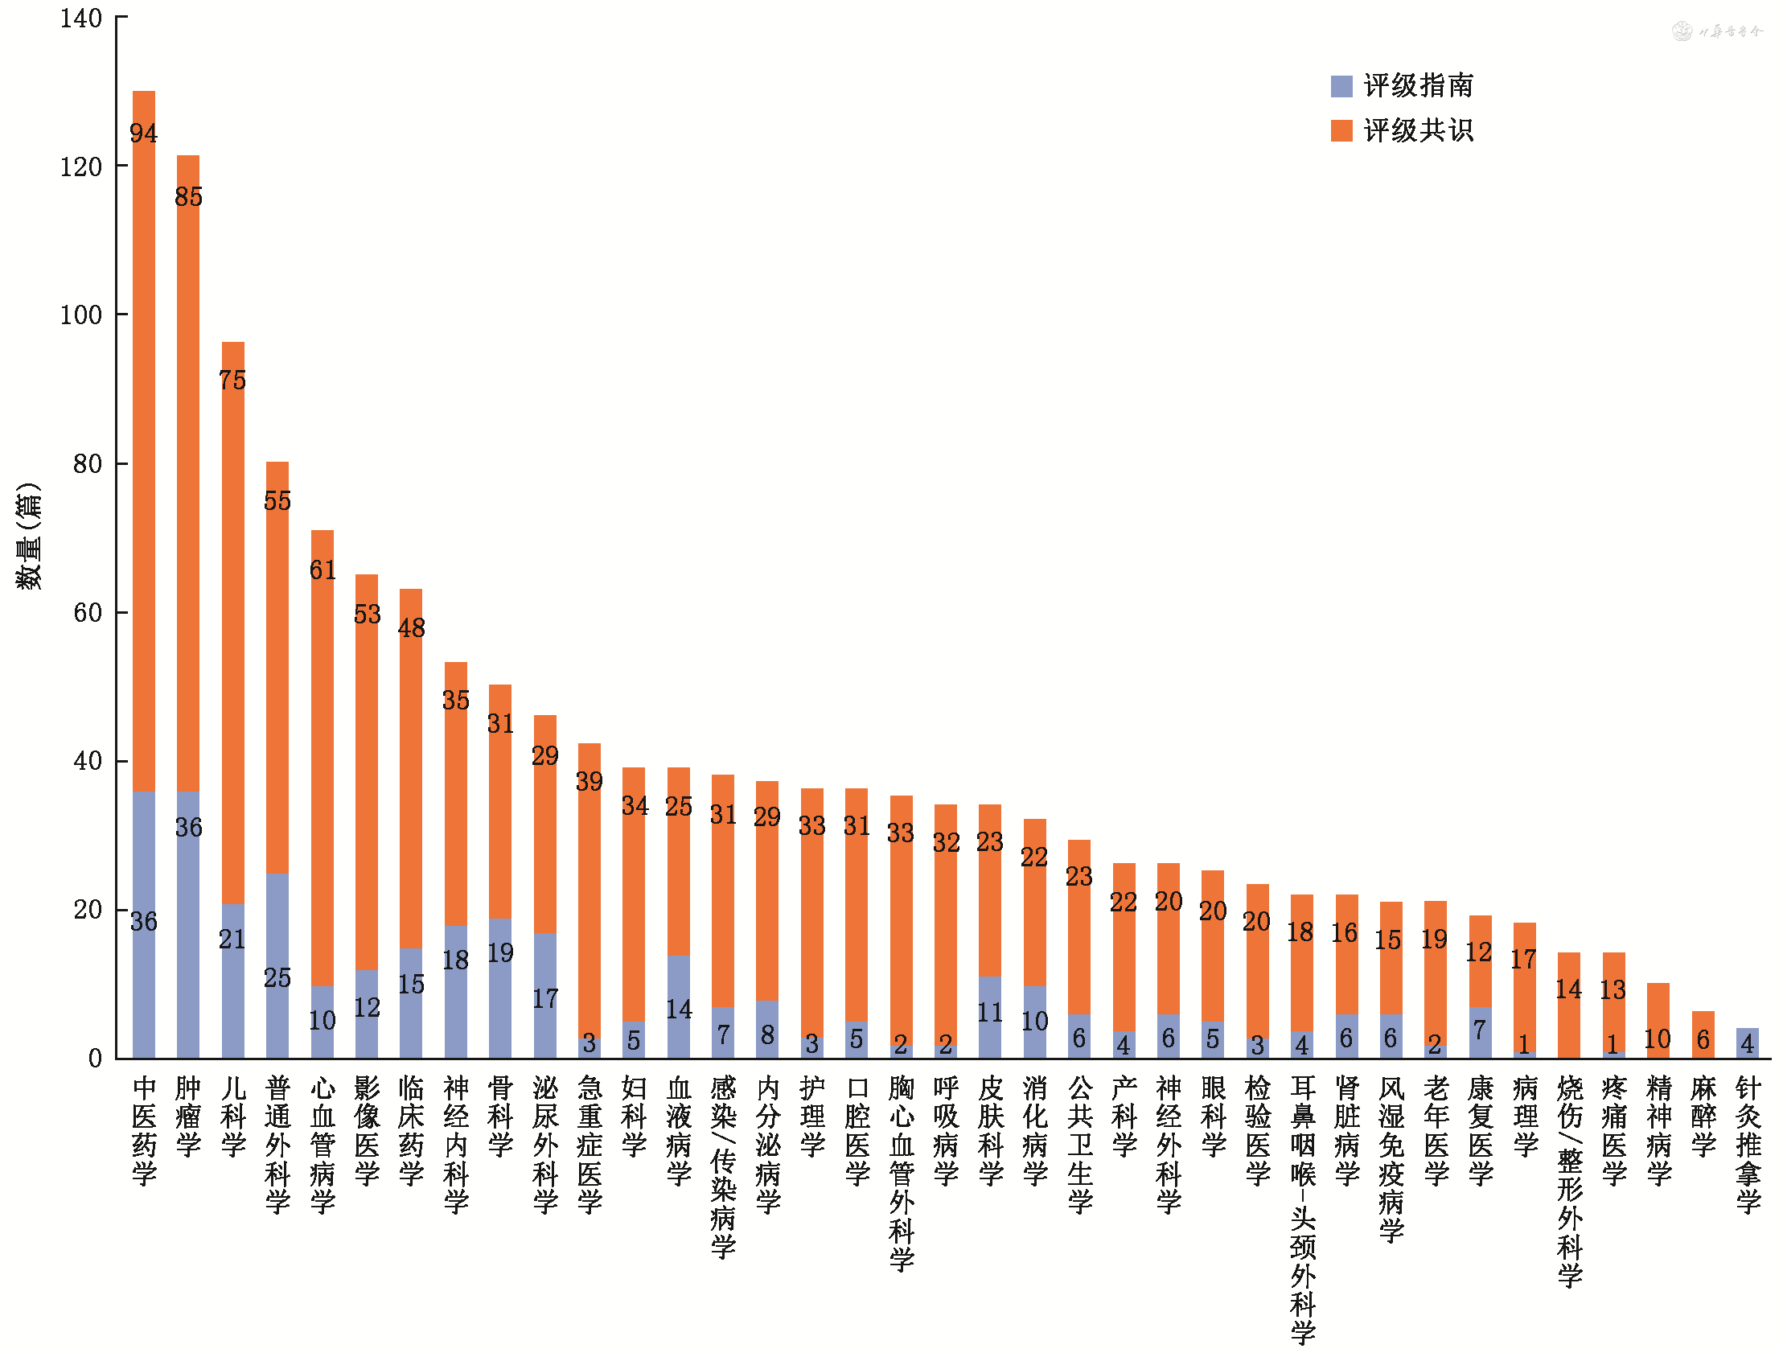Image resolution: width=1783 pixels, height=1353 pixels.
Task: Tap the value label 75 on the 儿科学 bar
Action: [232, 380]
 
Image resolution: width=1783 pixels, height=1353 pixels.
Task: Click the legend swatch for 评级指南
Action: [1341, 86]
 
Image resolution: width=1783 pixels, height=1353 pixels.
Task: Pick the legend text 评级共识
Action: [1418, 130]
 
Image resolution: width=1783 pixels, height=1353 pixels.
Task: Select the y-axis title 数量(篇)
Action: [28, 537]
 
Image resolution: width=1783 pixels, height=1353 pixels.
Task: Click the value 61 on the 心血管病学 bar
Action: [323, 570]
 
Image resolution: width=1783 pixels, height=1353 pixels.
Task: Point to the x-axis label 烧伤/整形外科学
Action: [1568, 1180]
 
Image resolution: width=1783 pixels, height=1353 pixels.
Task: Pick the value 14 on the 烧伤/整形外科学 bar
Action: [1568, 989]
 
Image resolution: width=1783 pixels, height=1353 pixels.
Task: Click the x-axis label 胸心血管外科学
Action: [902, 1172]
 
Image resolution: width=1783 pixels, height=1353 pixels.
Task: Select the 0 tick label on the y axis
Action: [95, 1058]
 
